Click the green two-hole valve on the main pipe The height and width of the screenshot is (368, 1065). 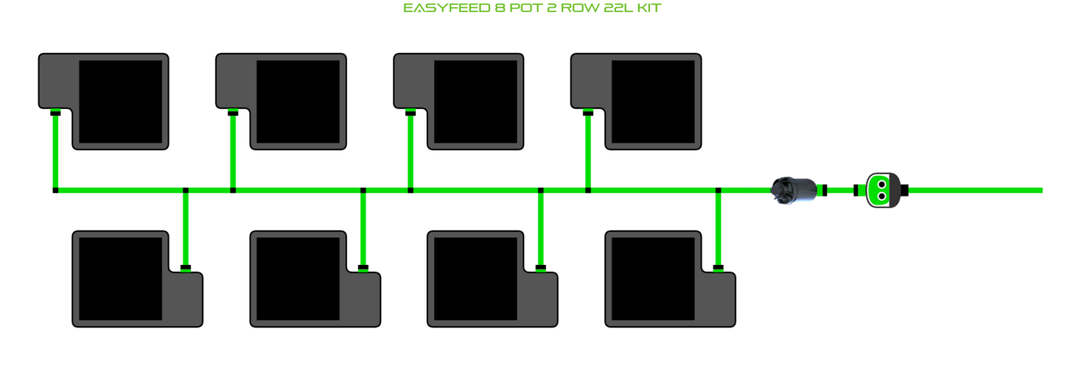(881, 190)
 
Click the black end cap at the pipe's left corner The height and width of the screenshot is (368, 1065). (55, 191)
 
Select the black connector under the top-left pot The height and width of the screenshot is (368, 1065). (55, 113)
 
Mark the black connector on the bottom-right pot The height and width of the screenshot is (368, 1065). (719, 267)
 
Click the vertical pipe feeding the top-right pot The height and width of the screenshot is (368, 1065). (588, 151)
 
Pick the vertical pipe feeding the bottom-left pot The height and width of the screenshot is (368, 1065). (186, 228)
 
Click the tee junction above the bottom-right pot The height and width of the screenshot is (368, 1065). (719, 191)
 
